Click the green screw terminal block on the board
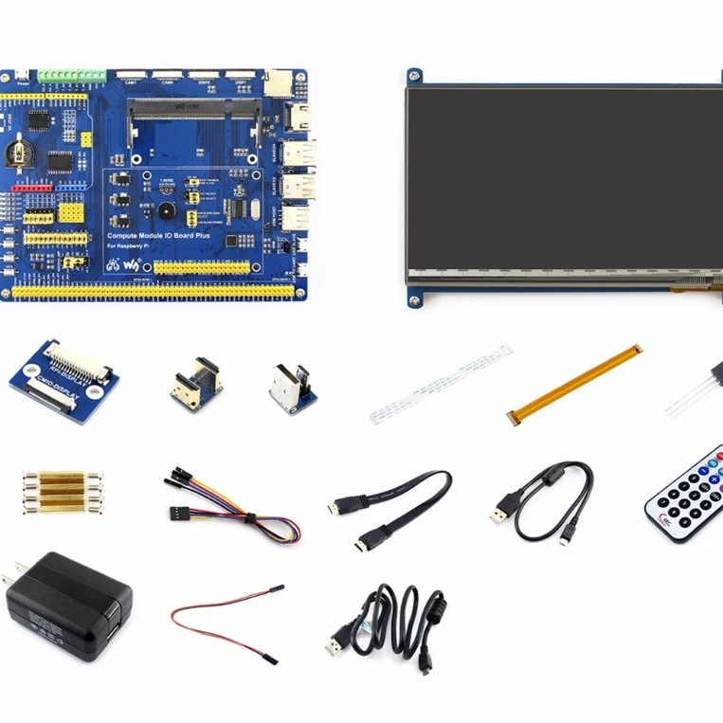click(71, 75)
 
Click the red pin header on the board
click(28, 190)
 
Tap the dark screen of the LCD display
click(565, 180)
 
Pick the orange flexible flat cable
click(573, 384)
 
